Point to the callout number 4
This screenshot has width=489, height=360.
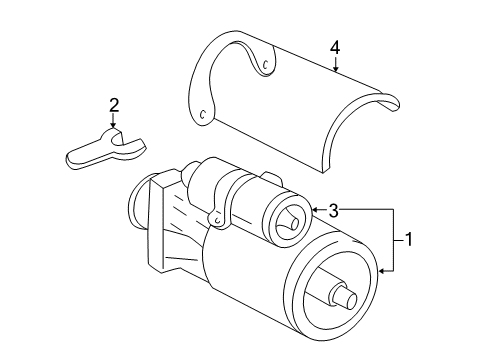coord(336,46)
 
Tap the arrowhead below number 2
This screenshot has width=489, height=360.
coord(114,131)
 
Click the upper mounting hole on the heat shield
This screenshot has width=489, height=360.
coord(266,66)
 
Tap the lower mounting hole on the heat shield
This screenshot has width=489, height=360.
coord(204,113)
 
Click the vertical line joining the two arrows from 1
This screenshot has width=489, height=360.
coord(392,239)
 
